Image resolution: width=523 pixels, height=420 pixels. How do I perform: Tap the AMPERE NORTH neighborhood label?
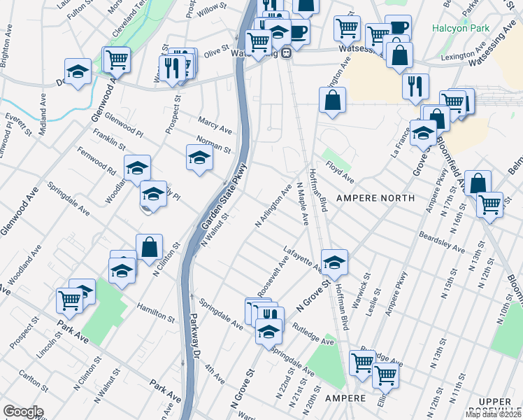click(366, 198)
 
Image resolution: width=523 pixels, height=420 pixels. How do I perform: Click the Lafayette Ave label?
click(302, 258)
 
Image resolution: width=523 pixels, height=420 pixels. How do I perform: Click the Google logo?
click(23, 412)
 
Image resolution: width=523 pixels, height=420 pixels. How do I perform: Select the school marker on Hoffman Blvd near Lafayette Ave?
click(335, 262)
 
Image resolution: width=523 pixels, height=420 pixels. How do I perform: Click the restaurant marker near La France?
click(415, 85)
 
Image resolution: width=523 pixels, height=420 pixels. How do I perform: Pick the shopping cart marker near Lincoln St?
click(69, 300)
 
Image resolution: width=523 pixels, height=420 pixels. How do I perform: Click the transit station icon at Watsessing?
click(286, 55)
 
